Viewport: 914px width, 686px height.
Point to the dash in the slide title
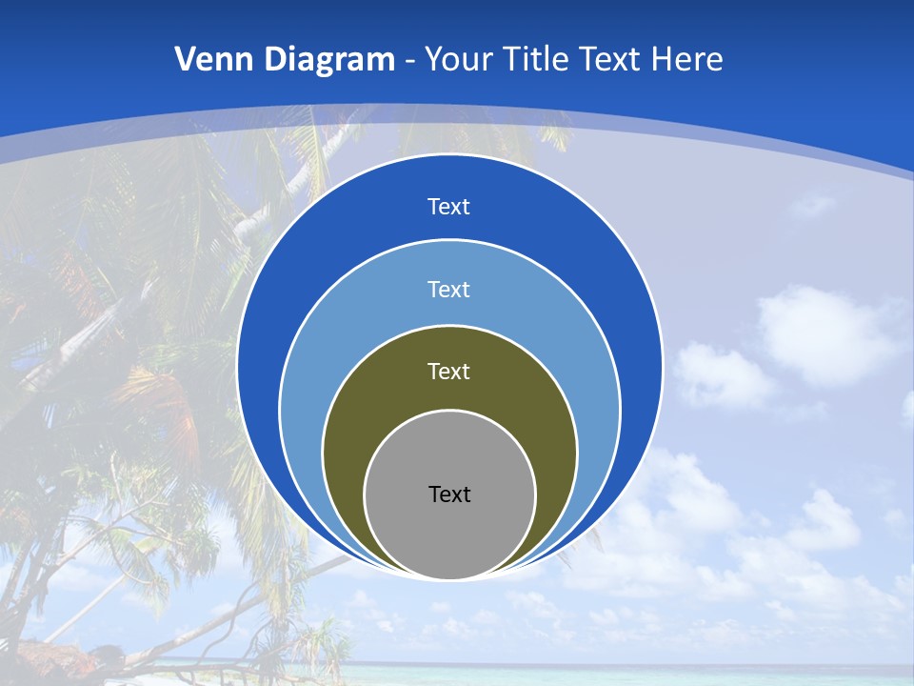409,61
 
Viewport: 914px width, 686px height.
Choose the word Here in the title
687,60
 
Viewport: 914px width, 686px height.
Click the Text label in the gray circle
449,494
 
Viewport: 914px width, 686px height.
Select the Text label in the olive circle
449,372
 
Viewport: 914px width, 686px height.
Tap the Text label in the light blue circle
449,290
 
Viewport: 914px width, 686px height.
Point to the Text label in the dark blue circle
449,207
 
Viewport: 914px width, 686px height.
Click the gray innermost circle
449,534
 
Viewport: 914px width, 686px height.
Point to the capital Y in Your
432,60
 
